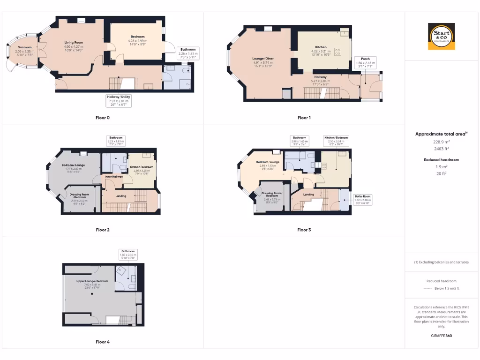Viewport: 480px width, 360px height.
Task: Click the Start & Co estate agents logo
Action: (441, 37)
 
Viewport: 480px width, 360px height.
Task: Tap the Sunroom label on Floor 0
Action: (25, 47)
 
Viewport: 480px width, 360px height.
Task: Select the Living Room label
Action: (74, 43)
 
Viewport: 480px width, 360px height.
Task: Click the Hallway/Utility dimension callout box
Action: (118, 100)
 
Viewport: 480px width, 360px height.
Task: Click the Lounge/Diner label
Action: (263, 59)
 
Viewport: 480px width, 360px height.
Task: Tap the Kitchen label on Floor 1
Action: (321, 47)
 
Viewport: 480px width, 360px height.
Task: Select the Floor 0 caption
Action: (102, 118)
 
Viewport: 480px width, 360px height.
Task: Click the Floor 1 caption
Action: (304, 118)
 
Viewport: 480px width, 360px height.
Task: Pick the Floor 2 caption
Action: (102, 230)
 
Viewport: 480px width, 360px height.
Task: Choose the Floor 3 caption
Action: (304, 230)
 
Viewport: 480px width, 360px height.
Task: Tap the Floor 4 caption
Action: (102, 342)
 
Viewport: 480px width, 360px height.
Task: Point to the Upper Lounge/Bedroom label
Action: (92, 281)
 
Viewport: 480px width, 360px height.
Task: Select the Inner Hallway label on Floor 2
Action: (113, 177)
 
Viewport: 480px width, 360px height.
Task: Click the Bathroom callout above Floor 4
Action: (128, 254)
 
